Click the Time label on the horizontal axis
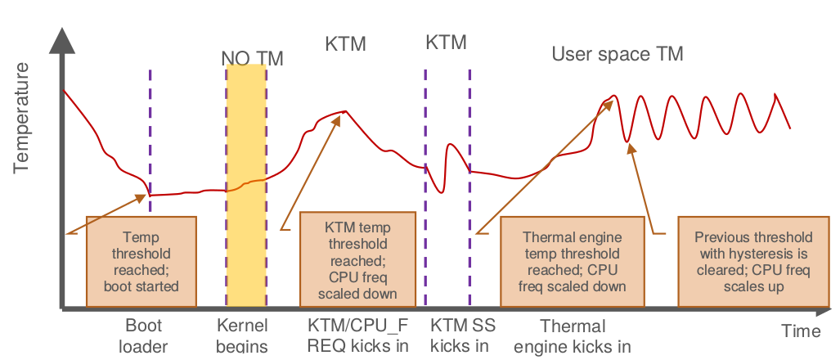point(800,331)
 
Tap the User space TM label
point(618,54)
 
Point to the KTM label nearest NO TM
point(345,43)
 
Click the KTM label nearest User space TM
point(446,42)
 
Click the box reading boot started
point(141,259)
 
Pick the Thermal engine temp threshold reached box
point(572,261)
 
